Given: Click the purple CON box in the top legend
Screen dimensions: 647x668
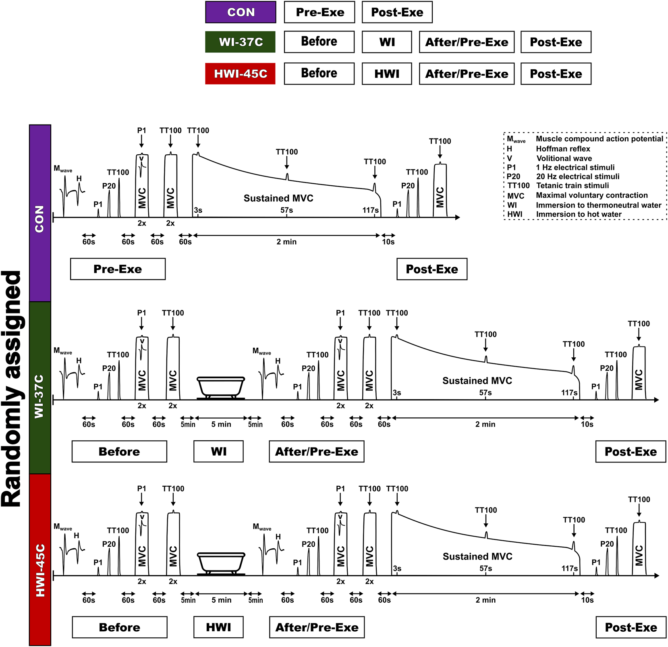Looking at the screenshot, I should pyautogui.click(x=241, y=12).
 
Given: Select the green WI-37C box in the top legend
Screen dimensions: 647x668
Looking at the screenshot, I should pyautogui.click(x=241, y=42).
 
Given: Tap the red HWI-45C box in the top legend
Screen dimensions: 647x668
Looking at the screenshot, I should pyautogui.click(x=241, y=74).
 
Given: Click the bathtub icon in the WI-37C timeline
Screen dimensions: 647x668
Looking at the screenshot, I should pyautogui.click(x=221, y=388).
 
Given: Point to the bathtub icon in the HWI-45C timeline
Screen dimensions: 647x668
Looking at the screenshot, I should pyautogui.click(x=221, y=563).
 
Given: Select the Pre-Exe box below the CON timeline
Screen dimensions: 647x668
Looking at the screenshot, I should pyautogui.click(x=118, y=269).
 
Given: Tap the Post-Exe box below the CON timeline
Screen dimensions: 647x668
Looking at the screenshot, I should pyautogui.click(x=432, y=269).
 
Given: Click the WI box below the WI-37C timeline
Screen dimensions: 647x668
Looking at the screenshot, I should pyautogui.click(x=219, y=452).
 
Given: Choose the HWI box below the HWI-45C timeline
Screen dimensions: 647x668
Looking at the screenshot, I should pyautogui.click(x=219, y=627).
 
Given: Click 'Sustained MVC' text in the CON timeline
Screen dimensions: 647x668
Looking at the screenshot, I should pyautogui.click(x=278, y=198).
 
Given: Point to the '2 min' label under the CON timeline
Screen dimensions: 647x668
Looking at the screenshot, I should pyautogui.click(x=286, y=242).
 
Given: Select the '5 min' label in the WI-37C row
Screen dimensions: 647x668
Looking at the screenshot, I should pyautogui.click(x=221, y=424).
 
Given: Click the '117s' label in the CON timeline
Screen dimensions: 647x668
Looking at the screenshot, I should pyautogui.click(x=370, y=210).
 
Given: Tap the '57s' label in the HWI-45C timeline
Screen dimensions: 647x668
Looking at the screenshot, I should pyautogui.click(x=485, y=568).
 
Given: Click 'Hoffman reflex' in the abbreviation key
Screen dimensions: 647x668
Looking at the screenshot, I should pyautogui.click(x=563, y=149).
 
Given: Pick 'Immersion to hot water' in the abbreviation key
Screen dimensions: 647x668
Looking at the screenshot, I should pyautogui.click(x=579, y=214).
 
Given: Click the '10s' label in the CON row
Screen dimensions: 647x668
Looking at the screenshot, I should pyautogui.click(x=388, y=242).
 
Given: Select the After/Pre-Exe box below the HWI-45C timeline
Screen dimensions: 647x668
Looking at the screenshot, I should pyautogui.click(x=317, y=627).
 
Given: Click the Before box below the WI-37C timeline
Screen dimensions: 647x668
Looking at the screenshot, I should pyautogui.click(x=119, y=452).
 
